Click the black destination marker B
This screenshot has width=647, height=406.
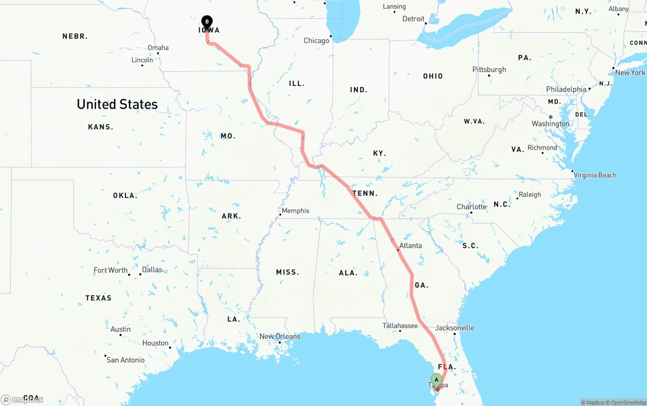pos(206,22)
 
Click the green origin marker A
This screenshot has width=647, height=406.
pos(436,380)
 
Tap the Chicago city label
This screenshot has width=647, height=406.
pos(316,41)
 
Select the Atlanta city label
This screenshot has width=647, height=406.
pos(410,246)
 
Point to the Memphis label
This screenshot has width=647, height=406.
pos(295,211)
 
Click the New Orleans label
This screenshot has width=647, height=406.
pos(280,336)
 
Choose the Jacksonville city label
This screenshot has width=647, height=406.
pos(454,328)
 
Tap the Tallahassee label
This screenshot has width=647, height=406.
pos(400,326)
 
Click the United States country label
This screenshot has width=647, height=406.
pos(117,104)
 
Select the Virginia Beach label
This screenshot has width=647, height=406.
pos(595,175)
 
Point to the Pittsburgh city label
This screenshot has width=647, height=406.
pos(489,69)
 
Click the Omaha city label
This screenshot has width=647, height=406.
pos(158,48)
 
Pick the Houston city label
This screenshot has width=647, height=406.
pos(155,343)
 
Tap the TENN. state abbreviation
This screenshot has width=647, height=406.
pos(365,193)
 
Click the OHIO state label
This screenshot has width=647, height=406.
pos(433,76)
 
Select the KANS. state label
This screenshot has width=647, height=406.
pos(101,127)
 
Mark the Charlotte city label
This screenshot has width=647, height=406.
pos(471,207)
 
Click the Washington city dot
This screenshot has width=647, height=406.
pos(551,117)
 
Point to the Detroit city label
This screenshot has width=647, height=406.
pos(413,19)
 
